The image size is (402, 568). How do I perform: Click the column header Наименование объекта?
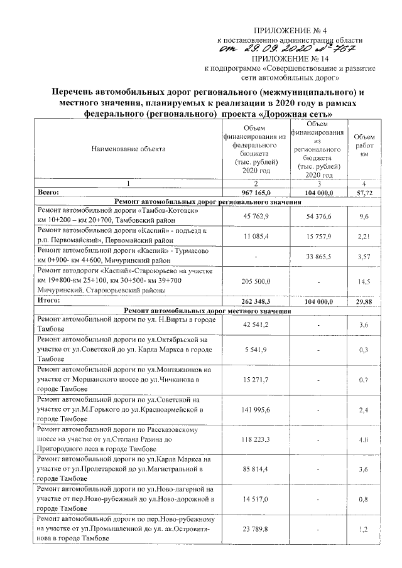pyautogui.click(x=128, y=149)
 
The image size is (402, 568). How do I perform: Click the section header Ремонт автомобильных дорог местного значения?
pyautogui.click(x=207, y=311)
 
